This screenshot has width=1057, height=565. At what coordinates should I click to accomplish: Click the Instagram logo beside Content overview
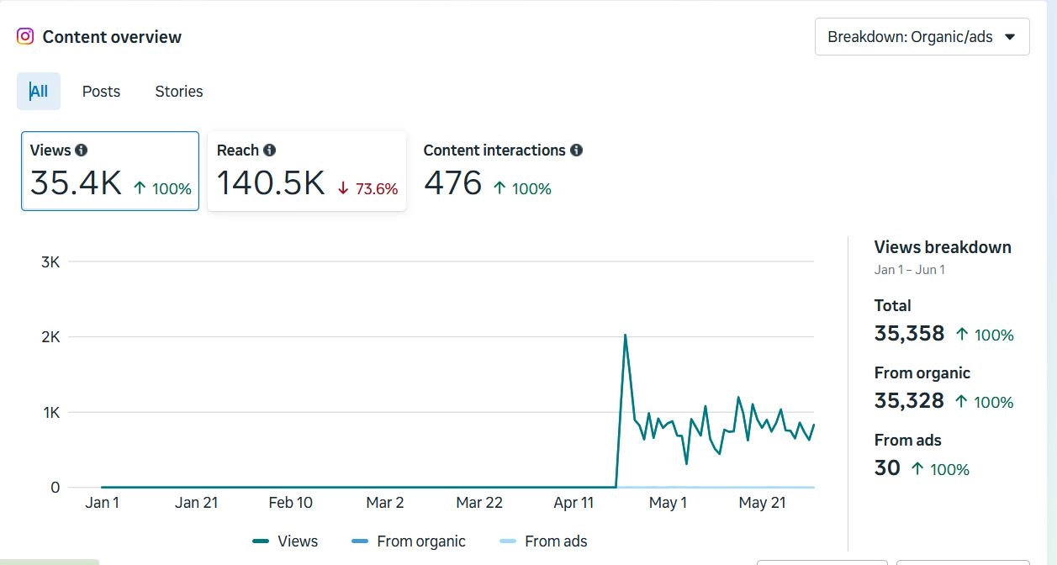[25, 36]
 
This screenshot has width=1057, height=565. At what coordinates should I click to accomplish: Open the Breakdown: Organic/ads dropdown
[922, 37]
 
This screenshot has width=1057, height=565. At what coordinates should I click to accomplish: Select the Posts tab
[101, 92]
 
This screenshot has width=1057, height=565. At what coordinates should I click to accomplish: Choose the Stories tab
[179, 92]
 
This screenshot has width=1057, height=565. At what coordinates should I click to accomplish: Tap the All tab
[39, 92]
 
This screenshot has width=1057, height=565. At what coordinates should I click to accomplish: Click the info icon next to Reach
[269, 150]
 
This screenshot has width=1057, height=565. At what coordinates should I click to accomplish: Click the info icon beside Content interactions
[576, 150]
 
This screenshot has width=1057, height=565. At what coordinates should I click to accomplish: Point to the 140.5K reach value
[271, 183]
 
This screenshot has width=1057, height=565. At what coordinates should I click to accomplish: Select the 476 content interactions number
[452, 183]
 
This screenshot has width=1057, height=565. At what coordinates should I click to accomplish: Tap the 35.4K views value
[76, 183]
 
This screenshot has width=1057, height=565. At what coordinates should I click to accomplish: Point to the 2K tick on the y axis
[50, 337]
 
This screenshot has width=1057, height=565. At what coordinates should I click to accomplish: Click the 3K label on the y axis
[50, 262]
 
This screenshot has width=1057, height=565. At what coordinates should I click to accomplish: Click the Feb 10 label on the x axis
[290, 503]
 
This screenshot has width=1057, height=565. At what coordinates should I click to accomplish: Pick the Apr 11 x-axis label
[574, 503]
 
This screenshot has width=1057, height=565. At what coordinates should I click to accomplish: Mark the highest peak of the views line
[625, 335]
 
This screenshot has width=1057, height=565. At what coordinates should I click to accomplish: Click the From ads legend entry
[555, 541]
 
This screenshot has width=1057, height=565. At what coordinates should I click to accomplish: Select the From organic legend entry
[420, 541]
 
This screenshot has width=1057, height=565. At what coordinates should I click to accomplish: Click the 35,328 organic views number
[909, 401]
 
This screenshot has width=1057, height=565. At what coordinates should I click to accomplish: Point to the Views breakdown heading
[943, 247]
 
